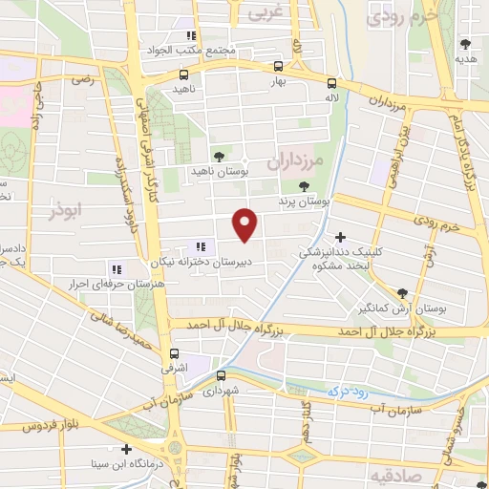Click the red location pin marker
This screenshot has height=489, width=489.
pyautogui.click(x=245, y=224)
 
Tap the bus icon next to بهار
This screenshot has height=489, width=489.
pyautogui.click(x=278, y=67)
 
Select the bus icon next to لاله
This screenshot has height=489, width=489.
pyautogui.click(x=331, y=83)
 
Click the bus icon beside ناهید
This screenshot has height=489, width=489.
pyautogui.click(x=183, y=74)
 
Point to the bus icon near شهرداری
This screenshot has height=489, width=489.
pyautogui.click(x=222, y=375)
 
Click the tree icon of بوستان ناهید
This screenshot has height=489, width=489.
pyautogui.click(x=219, y=155)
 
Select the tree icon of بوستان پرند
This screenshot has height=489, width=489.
pyautogui.click(x=304, y=187)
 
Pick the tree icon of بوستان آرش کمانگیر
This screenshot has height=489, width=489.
pyautogui.click(x=401, y=293)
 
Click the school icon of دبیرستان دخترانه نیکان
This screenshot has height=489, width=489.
pyautogui.click(x=200, y=246)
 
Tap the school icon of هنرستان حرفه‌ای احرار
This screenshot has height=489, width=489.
pyautogui.click(x=117, y=269)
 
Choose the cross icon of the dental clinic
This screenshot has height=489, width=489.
pyautogui.click(x=340, y=237)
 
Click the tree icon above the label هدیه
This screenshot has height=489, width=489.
pyautogui.click(x=465, y=43)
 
